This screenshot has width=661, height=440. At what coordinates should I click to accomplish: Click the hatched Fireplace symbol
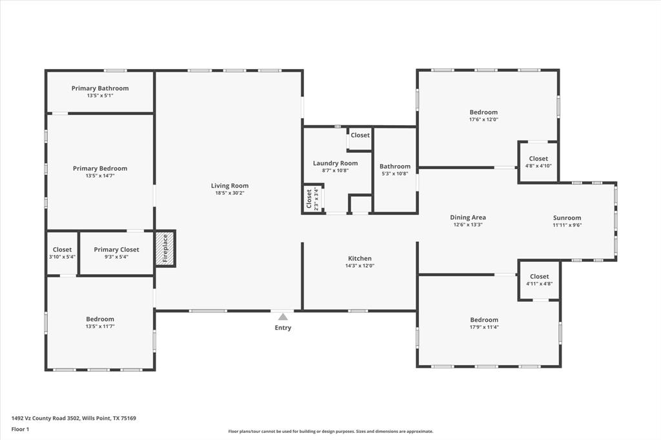point(165,248)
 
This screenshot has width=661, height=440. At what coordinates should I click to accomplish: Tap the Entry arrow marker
point(283,317)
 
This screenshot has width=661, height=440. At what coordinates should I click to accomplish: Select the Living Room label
point(229,186)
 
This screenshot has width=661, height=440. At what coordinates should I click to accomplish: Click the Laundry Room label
point(335,163)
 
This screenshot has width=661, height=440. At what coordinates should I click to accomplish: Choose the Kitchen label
point(360,258)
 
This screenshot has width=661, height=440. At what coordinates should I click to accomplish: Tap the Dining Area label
point(467,217)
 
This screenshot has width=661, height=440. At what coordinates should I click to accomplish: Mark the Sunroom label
point(567,218)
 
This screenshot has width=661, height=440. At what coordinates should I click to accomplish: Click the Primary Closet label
point(116,250)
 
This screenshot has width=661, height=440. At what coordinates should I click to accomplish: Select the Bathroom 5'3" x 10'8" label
point(395,166)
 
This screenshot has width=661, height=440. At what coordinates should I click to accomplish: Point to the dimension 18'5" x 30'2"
point(230,193)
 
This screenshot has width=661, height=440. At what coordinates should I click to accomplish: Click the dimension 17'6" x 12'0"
point(483,119)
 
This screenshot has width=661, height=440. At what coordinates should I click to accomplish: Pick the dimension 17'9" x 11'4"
point(484,327)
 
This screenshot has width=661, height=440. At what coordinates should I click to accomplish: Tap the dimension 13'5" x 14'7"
point(100,175)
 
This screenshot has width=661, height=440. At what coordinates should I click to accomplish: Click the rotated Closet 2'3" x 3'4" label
point(312,199)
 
